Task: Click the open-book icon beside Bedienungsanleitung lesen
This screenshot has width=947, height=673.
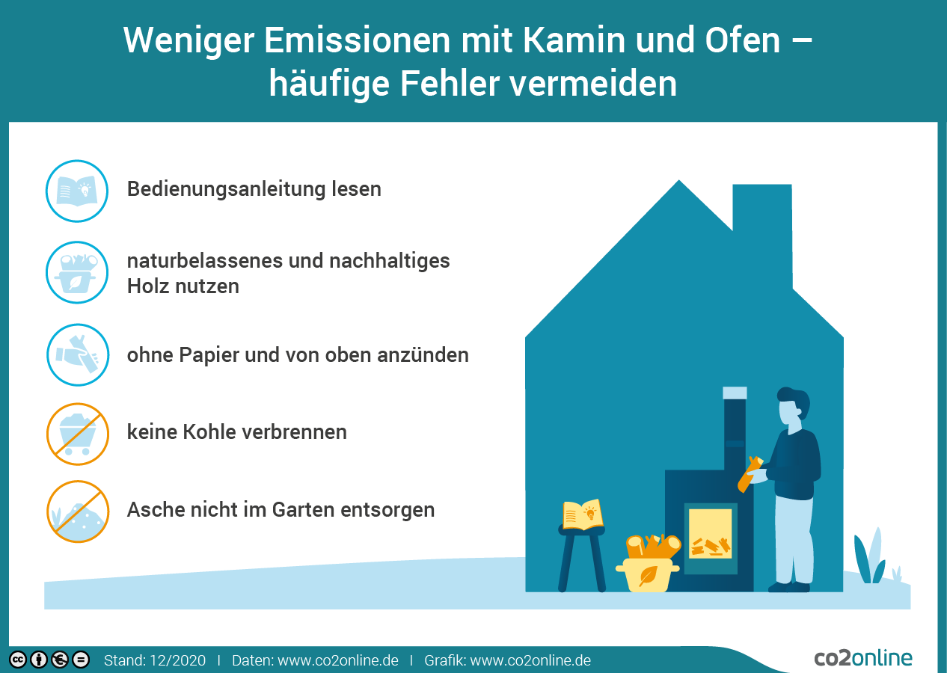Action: [77, 191]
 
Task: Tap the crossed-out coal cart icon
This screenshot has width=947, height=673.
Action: [78, 434]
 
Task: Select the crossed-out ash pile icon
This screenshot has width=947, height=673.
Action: [78, 511]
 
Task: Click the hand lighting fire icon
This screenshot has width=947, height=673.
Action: [78, 354]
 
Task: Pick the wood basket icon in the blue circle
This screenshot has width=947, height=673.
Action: [77, 273]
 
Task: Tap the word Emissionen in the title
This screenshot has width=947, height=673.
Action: [358, 40]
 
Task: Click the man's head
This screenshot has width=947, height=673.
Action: [793, 407]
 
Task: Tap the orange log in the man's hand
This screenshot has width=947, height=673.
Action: [750, 474]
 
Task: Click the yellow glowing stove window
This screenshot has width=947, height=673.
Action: [711, 533]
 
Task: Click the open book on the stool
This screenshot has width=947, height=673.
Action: [582, 514]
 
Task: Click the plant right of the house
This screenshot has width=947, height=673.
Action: [870, 556]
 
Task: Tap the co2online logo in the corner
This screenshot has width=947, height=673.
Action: [863, 658]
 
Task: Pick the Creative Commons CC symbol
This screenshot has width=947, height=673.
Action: [18, 660]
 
